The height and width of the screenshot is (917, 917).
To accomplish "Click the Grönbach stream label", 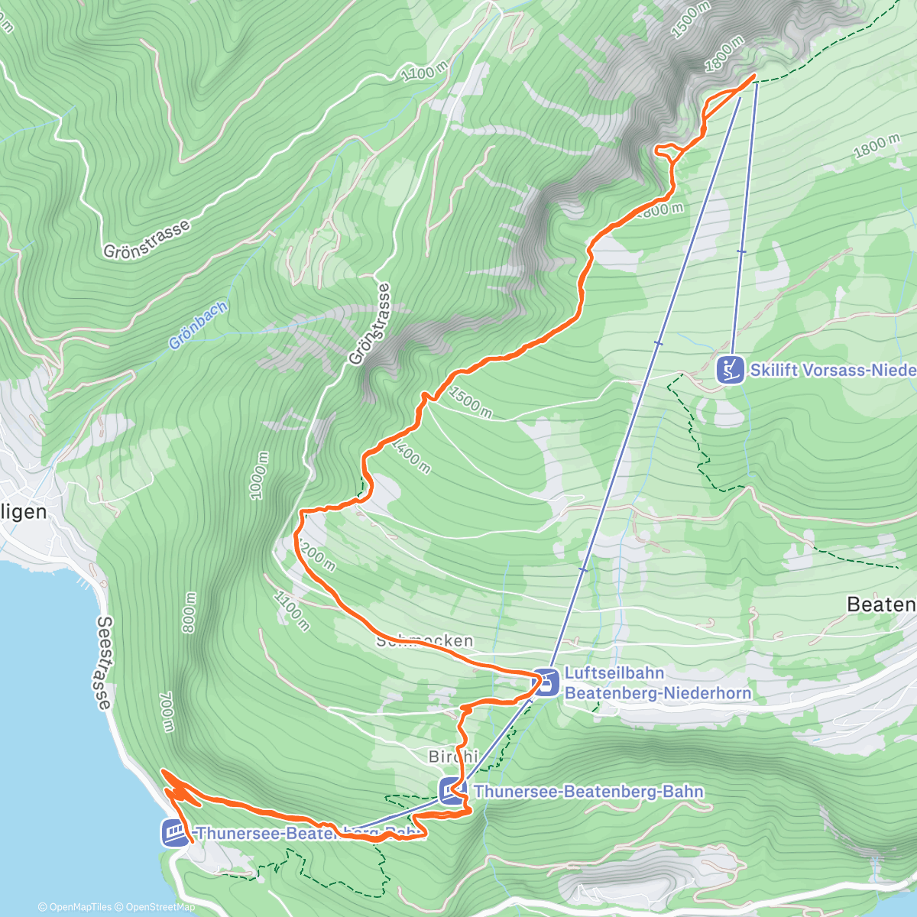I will point(198,326).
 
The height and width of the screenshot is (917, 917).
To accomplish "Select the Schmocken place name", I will point(425,640).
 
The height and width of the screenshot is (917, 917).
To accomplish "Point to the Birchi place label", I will point(453,757).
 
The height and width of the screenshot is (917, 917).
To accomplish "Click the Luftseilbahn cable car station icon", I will point(546,682).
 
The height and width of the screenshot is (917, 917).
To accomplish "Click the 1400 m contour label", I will point(410,455).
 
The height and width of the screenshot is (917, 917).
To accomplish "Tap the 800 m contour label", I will point(189,612).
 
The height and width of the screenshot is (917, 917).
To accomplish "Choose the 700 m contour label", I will point(167,711).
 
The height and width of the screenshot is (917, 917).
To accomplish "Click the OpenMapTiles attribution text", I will point(75,907).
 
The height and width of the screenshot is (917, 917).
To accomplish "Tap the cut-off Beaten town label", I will point(880,604).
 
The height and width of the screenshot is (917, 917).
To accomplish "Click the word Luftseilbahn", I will point(614,673).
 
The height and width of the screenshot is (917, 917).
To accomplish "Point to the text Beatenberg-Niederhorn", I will point(658,693).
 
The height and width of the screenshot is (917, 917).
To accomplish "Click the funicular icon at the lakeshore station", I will point(174,832).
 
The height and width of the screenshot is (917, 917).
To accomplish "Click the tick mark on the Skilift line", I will point(740,251).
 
